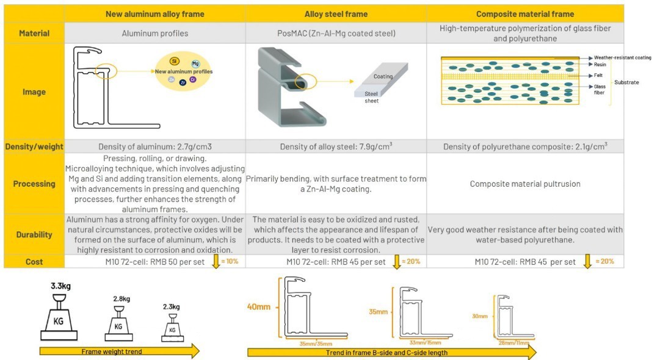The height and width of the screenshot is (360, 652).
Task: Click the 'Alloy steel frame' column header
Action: pyautogui.click(x=336, y=14)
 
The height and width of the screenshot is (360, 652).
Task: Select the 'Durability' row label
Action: pyautogui.click(x=34, y=234)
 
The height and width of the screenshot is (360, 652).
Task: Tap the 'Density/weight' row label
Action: pyautogui.click(x=34, y=146)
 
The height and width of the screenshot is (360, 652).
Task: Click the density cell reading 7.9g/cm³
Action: pyautogui.click(x=336, y=146)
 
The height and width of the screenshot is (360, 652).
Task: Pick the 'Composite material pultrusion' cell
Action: pyautogui.click(x=525, y=184)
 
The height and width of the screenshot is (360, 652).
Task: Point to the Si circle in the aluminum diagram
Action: pyautogui.click(x=175, y=61)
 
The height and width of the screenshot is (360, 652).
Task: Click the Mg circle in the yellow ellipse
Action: pyautogui.click(x=195, y=63)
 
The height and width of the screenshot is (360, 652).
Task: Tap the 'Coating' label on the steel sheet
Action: pyautogui.click(x=383, y=77)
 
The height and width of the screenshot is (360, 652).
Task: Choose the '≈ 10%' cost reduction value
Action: pyautogui.click(x=230, y=261)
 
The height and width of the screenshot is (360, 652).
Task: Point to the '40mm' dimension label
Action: pyautogui.click(x=259, y=307)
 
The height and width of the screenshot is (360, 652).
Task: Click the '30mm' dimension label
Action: pyautogui.click(x=480, y=316)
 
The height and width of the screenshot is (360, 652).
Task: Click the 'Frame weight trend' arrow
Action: pyautogui.click(x=119, y=351)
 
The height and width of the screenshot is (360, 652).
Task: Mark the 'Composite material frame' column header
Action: pyautogui.click(x=524, y=14)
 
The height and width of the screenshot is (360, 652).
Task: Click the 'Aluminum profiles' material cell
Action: pyautogui.click(x=155, y=33)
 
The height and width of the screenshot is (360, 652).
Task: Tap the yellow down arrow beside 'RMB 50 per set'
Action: pyautogui.click(x=215, y=262)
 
